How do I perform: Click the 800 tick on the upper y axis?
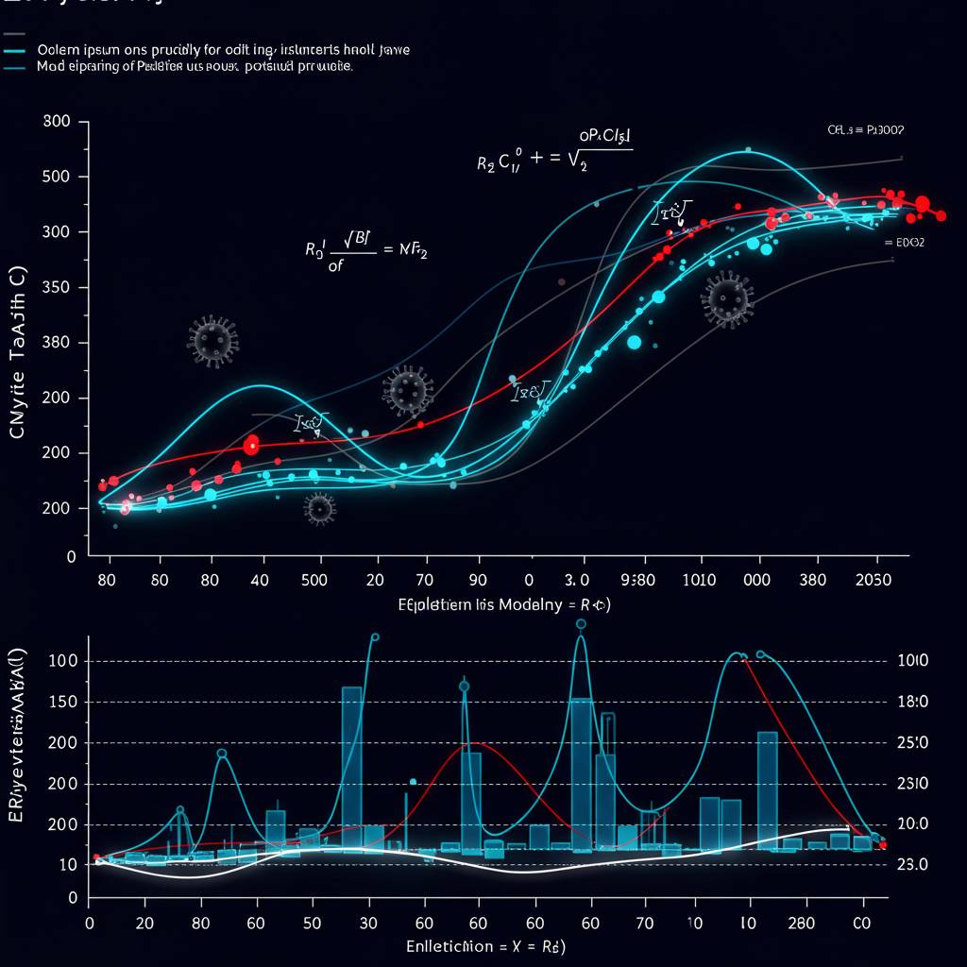[x=58, y=122]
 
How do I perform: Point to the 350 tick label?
[x=58, y=288]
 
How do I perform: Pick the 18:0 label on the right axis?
[x=911, y=702]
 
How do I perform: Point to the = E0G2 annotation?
[x=904, y=243]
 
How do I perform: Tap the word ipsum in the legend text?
[x=102, y=49]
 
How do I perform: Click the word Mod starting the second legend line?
[x=50, y=68]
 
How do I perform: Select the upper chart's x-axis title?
[x=504, y=604]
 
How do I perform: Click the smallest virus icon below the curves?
[x=320, y=508]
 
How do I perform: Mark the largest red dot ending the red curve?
[x=922, y=204]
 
